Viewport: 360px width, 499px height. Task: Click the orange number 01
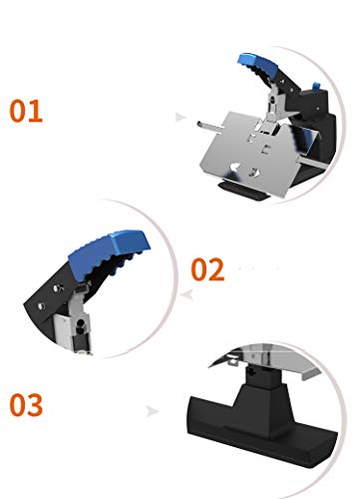click(26, 111)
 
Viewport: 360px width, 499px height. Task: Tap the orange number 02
click(207, 269)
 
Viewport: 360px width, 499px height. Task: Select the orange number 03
click(26, 405)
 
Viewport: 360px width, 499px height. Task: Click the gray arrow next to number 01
click(180, 117)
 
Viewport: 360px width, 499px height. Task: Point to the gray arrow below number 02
click(187, 294)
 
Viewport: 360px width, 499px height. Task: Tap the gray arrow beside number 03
click(153, 411)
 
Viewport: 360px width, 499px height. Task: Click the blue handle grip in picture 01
click(258, 65)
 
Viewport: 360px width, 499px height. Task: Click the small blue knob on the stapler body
click(317, 87)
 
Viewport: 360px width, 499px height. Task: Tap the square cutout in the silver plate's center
click(266, 150)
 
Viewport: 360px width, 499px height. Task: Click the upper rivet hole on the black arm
click(58, 287)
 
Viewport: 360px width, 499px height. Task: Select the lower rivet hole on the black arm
click(42, 305)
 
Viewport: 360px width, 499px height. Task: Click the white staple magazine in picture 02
click(63, 332)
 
